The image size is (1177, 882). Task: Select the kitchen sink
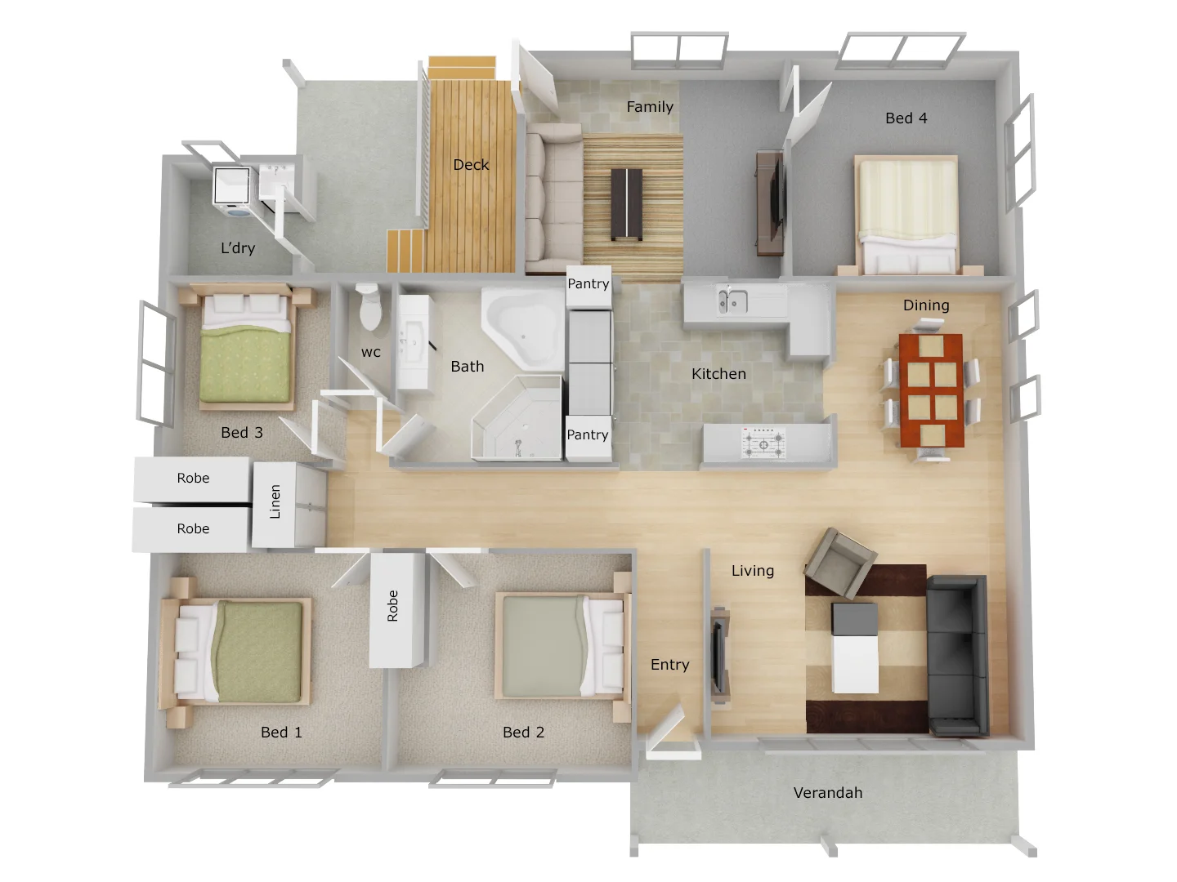click(x=732, y=301)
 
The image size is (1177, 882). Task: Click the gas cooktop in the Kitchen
click(x=763, y=443)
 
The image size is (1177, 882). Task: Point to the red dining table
click(x=931, y=390)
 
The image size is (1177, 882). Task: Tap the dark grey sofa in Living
click(x=957, y=654)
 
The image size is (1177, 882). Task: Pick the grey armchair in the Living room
click(x=839, y=563)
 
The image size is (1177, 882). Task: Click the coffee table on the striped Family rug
click(x=627, y=203)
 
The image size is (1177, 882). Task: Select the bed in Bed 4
click(x=907, y=213)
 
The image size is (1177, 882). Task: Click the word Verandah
click(x=827, y=792)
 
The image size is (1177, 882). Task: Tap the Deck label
click(x=471, y=164)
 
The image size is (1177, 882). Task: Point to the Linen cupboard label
click(x=275, y=501)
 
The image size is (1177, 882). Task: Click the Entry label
click(x=669, y=665)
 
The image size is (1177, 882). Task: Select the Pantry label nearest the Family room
click(x=588, y=283)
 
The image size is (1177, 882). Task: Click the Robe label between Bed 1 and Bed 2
click(x=393, y=606)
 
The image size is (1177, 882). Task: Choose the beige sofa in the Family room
click(x=548, y=195)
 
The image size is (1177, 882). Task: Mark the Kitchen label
click(x=718, y=374)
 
